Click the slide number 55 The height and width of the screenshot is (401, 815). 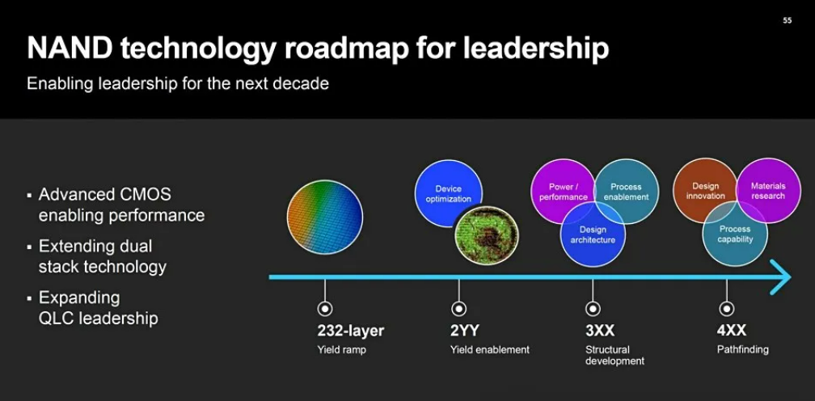tap(787, 20)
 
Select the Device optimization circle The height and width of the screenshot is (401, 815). tap(448, 193)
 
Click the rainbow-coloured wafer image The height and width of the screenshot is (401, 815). tap(325, 217)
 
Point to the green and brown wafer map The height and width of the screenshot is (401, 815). tap(487, 234)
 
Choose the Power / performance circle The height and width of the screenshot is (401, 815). tap(563, 191)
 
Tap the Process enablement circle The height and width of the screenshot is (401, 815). tap(627, 191)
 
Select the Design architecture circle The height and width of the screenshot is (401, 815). tap(593, 234)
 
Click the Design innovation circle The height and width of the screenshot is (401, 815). tap(705, 191)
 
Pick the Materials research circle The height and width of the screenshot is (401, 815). tap(768, 191)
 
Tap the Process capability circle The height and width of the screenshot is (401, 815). tap(735, 234)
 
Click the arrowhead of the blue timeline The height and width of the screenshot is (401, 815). tap(781, 276)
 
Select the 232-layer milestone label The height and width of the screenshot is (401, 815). tap(351, 331)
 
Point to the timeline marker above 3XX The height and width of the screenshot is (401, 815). tap(593, 309)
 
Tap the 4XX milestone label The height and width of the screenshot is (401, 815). tap(731, 331)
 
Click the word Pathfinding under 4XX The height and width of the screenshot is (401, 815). tap(743, 349)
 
